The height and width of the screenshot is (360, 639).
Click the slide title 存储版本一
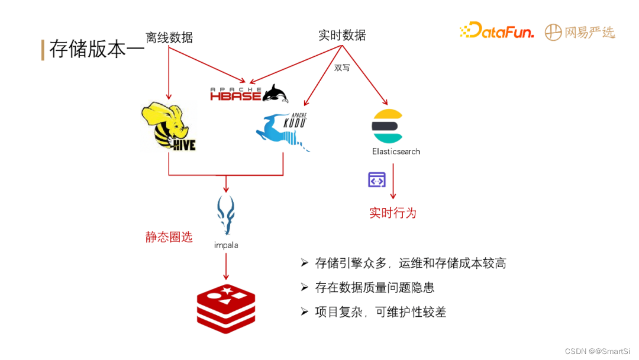tap(96, 49)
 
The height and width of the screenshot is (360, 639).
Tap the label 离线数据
tap(169, 37)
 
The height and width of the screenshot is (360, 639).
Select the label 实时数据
tap(342, 36)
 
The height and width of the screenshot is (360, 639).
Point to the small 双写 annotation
tap(342, 67)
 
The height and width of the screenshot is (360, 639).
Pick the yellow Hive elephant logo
tap(168, 126)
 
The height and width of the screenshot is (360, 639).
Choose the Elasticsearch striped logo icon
tap(387, 126)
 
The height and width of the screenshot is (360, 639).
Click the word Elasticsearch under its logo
tap(396, 152)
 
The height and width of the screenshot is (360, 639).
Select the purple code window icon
tap(377, 179)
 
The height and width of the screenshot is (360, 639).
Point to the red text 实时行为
tap(393, 213)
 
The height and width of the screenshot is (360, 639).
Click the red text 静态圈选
tap(169, 237)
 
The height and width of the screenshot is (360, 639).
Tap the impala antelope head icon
tap(225, 214)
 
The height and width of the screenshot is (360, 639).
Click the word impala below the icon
tap(226, 245)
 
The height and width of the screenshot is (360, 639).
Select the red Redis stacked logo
tap(225, 308)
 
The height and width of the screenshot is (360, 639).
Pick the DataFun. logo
tap(496, 31)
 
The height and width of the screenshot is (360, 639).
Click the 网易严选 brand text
tap(589, 32)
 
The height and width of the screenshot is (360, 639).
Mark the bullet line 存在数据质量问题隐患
tap(375, 288)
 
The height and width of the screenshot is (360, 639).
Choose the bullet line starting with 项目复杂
tap(380, 312)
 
